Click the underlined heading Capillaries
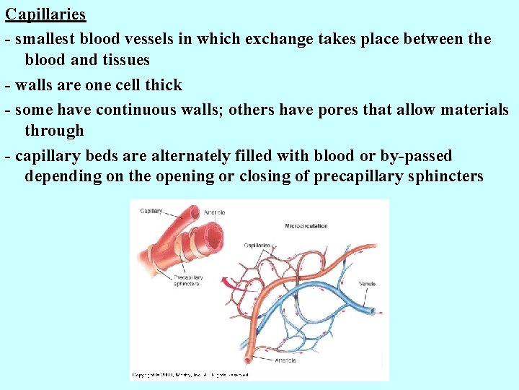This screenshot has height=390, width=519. (45, 14)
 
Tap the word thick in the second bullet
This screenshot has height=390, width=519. (164, 85)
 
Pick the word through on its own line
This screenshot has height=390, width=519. (54, 131)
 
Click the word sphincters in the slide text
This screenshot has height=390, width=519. (444, 177)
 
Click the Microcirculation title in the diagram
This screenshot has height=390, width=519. (306, 226)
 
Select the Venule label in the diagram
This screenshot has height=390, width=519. (368, 284)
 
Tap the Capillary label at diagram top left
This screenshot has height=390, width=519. (151, 211)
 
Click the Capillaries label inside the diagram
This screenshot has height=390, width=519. (257, 246)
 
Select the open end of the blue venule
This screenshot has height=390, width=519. (370, 313)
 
